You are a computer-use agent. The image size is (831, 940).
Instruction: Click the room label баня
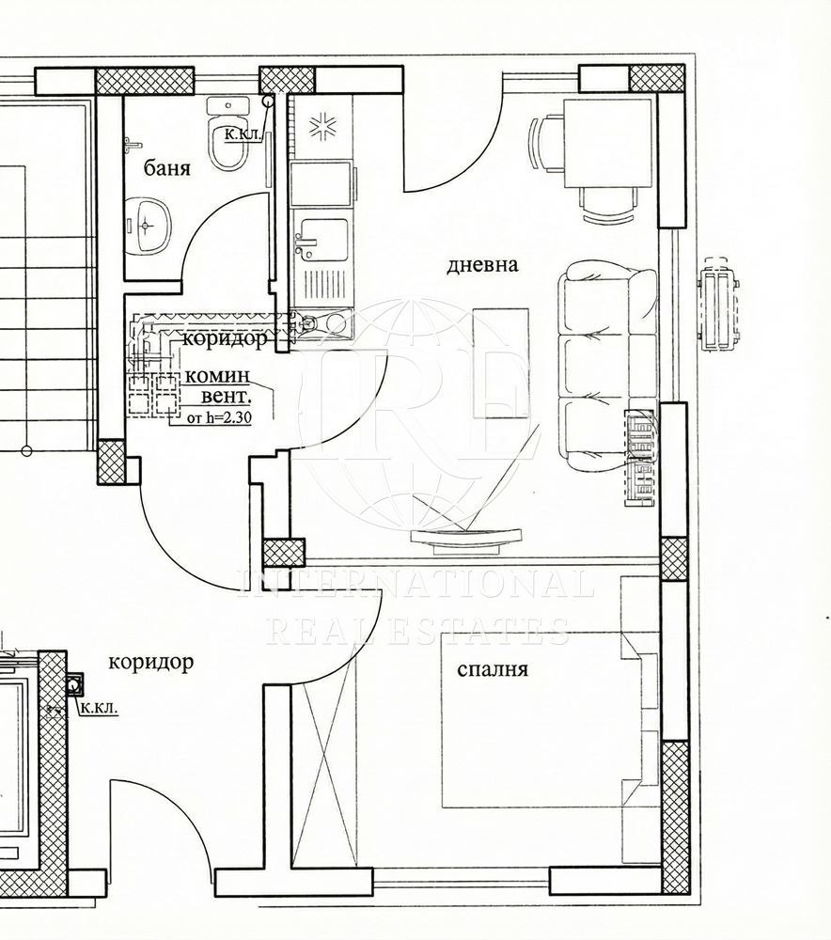coord(167,169)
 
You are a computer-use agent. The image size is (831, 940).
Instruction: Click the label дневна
coord(482,265)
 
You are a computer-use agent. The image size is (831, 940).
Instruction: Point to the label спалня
coord(492,669)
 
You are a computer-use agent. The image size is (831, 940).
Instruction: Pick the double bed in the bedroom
coord(545,719)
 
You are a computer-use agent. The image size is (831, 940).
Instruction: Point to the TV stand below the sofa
coord(467,538)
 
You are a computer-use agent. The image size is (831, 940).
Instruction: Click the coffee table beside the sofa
coord(501,362)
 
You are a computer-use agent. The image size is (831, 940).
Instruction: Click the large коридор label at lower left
coord(150,662)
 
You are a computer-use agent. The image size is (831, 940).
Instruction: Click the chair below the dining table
coord(608,205)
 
